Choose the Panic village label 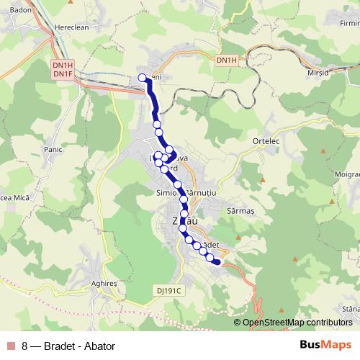pyautogui.click(x=54, y=149)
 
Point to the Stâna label pyautogui.click(x=351, y=308)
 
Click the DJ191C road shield pyautogui.click(x=171, y=291)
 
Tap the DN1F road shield pyautogui.click(x=63, y=73)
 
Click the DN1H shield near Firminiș pyautogui.click(x=226, y=60)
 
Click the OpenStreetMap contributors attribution pyautogui.click(x=297, y=323)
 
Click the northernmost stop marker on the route pyautogui.click(x=143, y=78)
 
